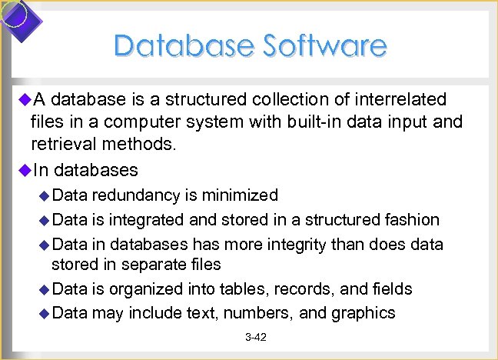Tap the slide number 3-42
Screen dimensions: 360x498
[x=255, y=338]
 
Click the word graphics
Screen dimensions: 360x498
[x=363, y=313]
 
